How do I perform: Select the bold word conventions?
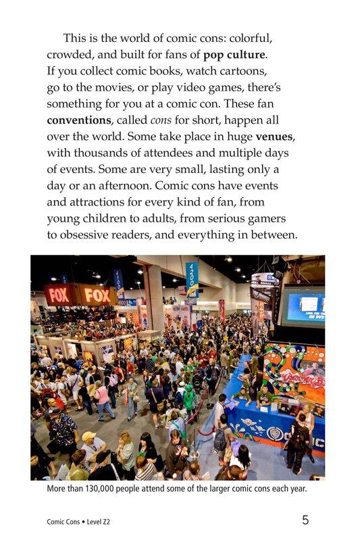coord(79,120)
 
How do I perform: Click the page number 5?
coord(305,520)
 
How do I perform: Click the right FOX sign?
coord(97,295)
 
